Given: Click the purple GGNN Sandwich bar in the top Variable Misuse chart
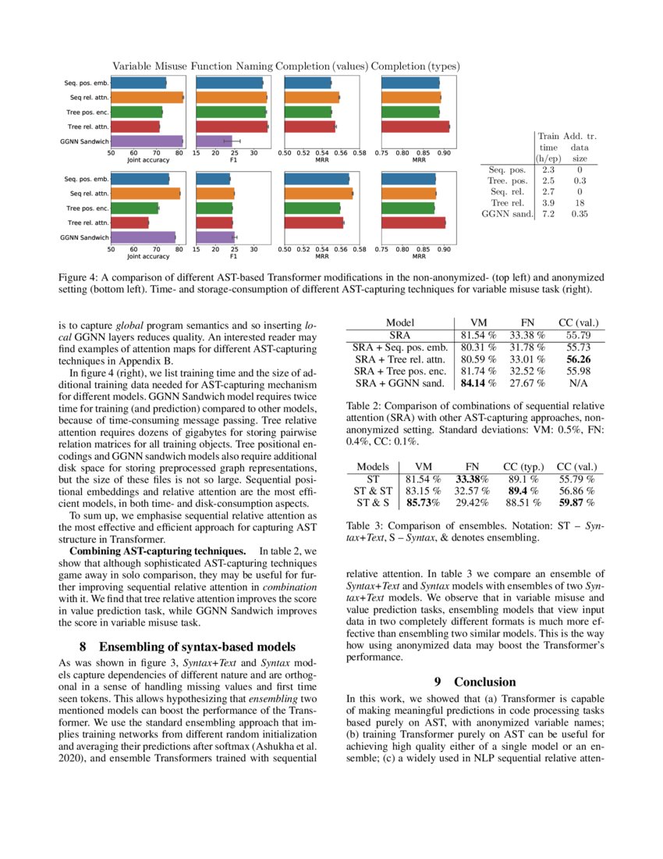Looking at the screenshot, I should (x=147, y=141).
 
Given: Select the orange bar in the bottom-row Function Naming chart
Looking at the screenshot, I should (x=214, y=194).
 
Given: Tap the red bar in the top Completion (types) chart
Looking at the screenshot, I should (x=415, y=127).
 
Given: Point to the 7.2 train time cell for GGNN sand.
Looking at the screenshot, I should (x=548, y=213).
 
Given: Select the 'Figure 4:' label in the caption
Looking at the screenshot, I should (x=81, y=277).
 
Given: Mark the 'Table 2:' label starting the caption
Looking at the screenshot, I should (x=366, y=406).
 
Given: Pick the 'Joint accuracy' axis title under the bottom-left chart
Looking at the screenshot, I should (x=147, y=256).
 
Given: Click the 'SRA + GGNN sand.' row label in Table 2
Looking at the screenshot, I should (x=399, y=383).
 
